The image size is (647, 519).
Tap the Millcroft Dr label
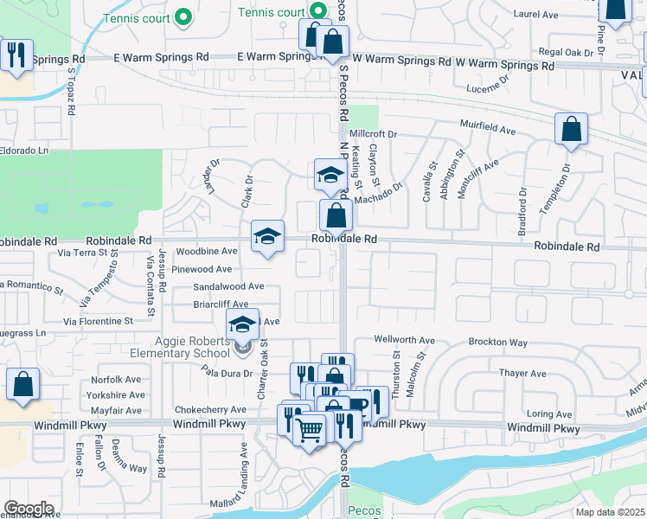pos(373,135)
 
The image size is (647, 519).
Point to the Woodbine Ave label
pos(206,252)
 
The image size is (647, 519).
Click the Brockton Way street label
pos(498,343)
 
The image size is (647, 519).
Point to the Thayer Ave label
pos(522,374)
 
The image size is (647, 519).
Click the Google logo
pos(28,509)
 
